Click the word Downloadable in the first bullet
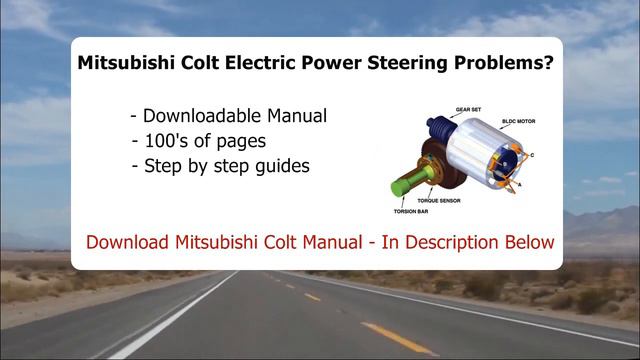tap(201, 116)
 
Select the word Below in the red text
tap(530, 242)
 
